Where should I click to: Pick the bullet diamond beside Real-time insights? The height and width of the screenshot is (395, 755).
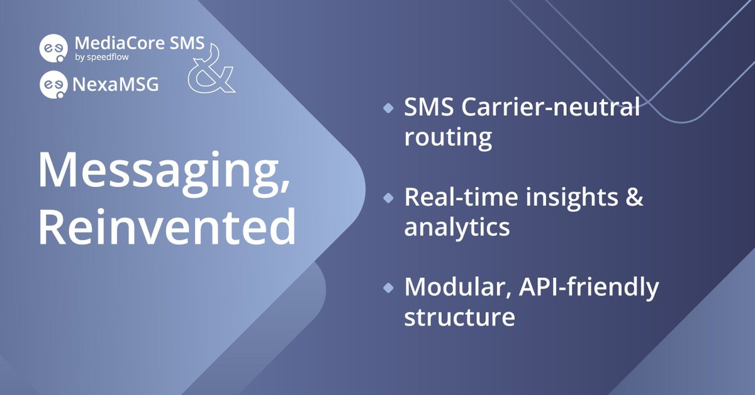(x=388, y=198)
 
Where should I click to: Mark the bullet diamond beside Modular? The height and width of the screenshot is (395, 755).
(x=388, y=287)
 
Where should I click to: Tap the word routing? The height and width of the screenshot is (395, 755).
(x=448, y=137)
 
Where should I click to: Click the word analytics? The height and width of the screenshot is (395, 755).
(x=457, y=227)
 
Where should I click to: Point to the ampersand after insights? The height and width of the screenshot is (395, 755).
(x=635, y=197)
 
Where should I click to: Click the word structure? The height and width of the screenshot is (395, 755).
(x=459, y=316)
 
